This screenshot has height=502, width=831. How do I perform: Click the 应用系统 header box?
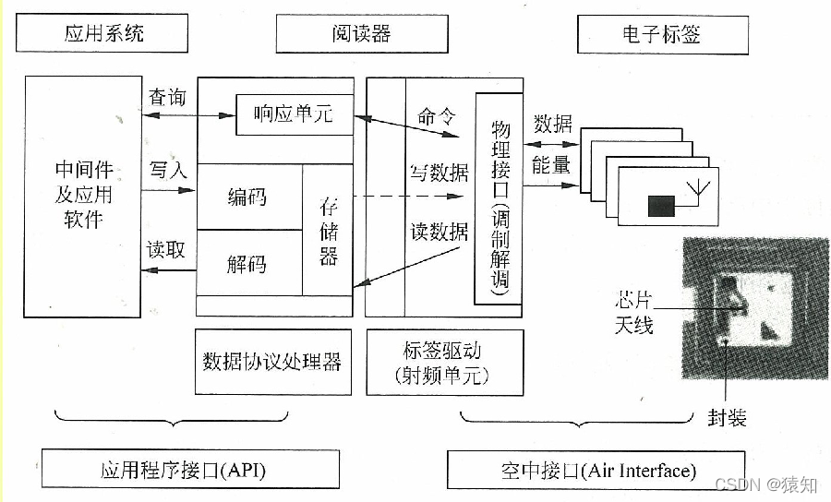pos(103,35)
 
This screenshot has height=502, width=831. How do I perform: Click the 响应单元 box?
pos(293,115)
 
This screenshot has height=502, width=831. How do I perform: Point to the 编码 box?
pos(247,197)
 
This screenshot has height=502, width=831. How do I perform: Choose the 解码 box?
pos(247,264)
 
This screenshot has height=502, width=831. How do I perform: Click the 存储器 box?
pos(329,230)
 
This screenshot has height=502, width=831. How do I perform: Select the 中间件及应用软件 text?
pos(84,195)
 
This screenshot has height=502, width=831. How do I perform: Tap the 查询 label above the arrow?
pos(167,97)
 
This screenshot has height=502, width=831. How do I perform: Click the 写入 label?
pos(167,170)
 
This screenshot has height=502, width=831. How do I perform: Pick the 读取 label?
pos(167,249)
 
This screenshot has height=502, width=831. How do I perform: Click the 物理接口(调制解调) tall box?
pos(500,198)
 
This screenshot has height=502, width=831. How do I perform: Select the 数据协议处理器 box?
pos(273,361)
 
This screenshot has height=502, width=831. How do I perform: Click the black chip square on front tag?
pos(660,206)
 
